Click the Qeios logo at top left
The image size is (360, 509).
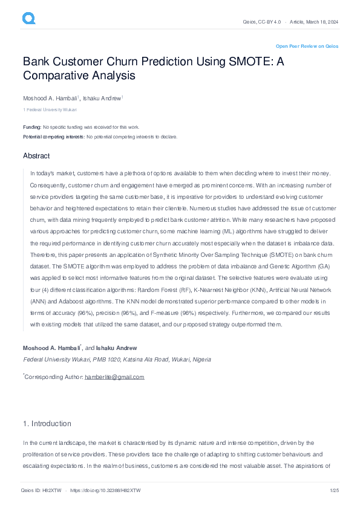pyautogui.click(x=28, y=19)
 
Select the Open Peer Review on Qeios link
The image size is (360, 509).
pyautogui.click(x=307, y=46)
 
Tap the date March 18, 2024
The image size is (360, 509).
pyautogui.click(x=321, y=22)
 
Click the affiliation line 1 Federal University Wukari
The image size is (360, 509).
pyautogui.click(x=50, y=110)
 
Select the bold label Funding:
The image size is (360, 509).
pyautogui.click(x=32, y=127)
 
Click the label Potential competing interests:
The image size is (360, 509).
pyautogui.click(x=54, y=137)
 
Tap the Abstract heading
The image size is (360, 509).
pyautogui.click(x=36, y=156)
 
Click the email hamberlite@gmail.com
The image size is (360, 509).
pyautogui.click(x=114, y=377)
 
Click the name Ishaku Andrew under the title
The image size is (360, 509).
pyautogui.click(x=102, y=98)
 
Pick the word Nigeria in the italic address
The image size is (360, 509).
pyautogui.click(x=201, y=359)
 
